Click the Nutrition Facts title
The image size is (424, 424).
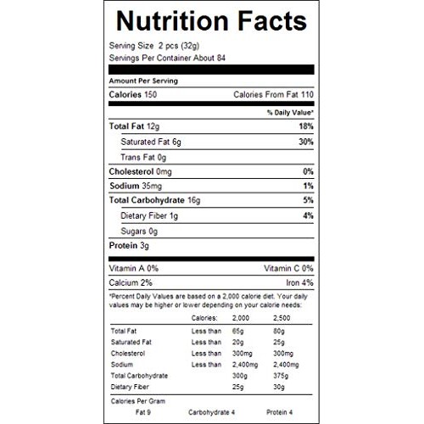click(x=211, y=20)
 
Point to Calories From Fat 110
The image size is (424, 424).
click(x=274, y=94)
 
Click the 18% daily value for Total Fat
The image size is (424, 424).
click(x=306, y=126)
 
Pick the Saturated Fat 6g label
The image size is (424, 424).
click(x=154, y=142)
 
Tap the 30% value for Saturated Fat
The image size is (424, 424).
click(x=306, y=142)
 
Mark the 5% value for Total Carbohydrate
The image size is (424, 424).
click(x=309, y=201)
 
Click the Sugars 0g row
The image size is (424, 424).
click(x=140, y=231)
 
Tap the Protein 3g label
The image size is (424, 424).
click(x=129, y=246)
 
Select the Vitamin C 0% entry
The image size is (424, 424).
click(x=288, y=268)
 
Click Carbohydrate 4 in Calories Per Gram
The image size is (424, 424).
click(x=212, y=413)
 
